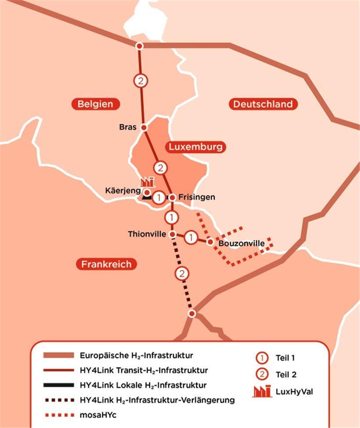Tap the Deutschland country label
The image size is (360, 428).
263,104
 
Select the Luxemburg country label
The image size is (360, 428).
195,147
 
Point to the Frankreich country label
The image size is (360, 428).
106,264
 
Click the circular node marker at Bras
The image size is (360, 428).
144,127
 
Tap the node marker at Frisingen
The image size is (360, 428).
173,197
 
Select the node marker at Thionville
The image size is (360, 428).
173,234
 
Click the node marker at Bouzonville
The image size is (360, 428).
211,242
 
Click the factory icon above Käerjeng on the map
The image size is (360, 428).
148,181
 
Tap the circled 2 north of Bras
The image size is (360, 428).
140,81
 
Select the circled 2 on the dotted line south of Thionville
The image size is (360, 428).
181,274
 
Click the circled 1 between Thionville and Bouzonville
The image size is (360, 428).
191,238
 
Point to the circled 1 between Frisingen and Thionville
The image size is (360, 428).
172,217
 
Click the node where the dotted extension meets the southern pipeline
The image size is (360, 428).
192,313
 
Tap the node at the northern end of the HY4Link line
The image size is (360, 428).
139,46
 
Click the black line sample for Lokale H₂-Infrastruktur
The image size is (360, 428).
58,385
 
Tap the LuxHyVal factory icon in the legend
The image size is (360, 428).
262,391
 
